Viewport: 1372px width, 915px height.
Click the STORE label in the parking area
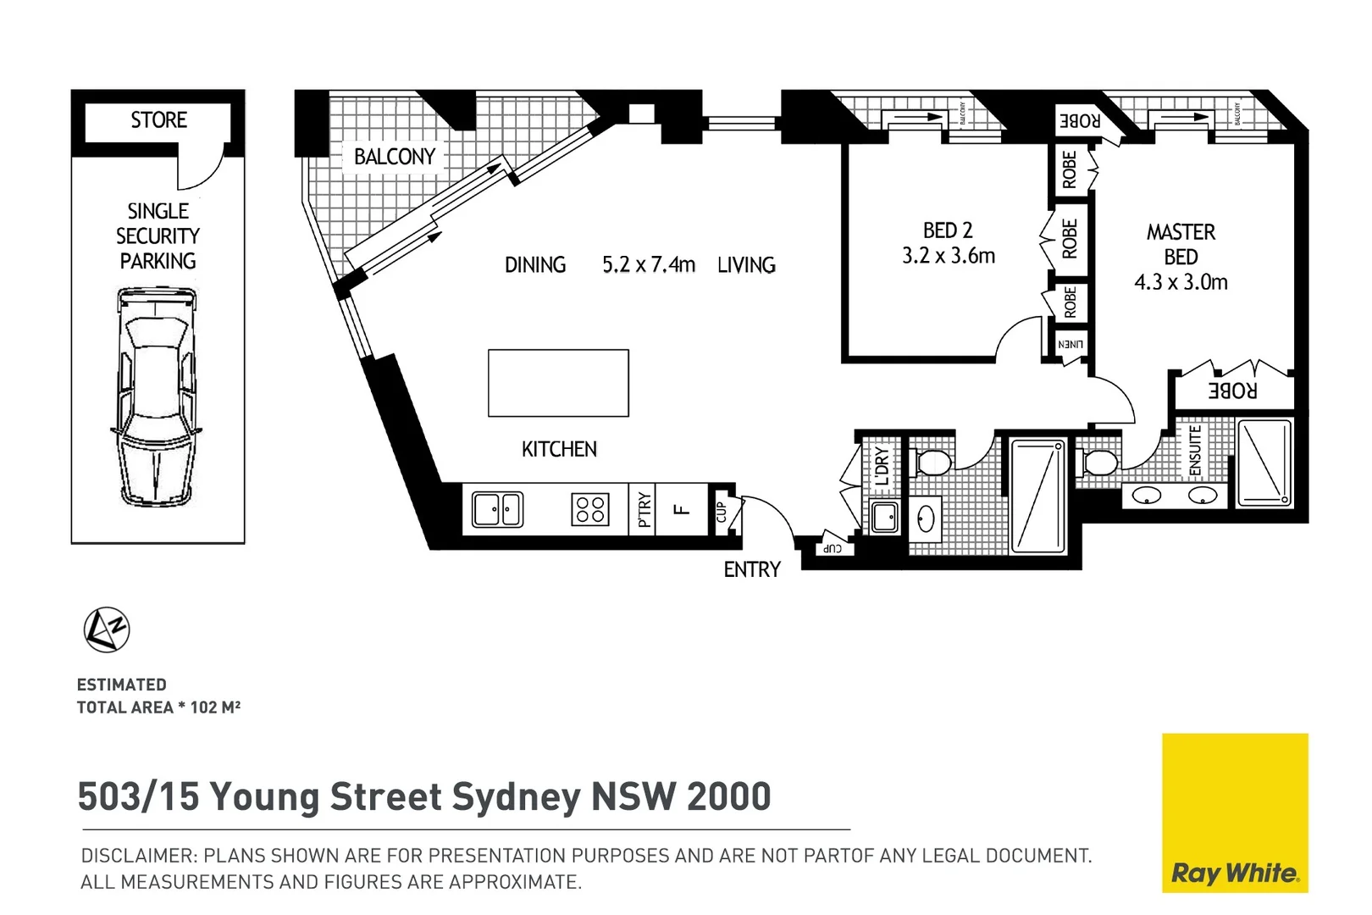point(158,120)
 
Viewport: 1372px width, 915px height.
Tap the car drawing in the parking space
point(157,396)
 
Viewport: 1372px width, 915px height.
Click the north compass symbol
point(107,629)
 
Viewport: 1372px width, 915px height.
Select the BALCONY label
point(395,157)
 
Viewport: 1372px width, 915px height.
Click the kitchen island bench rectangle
point(558,383)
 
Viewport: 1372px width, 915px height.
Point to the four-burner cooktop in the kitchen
point(590,510)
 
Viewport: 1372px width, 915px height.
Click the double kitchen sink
point(497,510)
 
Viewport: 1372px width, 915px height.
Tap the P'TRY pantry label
point(645,509)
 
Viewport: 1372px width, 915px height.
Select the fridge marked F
point(681,509)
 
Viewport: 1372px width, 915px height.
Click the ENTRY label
point(752,570)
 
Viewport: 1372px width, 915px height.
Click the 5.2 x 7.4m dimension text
point(649,265)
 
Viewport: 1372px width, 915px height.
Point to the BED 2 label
point(948,230)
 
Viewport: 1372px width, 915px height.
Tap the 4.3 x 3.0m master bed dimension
point(1181,282)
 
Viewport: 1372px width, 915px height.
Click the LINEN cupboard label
point(1070,345)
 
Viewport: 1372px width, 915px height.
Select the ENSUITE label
point(1195,450)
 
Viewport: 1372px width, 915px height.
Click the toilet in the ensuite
point(1100,463)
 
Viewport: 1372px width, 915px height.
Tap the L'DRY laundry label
point(882,465)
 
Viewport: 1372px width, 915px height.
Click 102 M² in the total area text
point(215,707)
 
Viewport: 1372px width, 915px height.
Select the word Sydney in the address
point(516,796)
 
